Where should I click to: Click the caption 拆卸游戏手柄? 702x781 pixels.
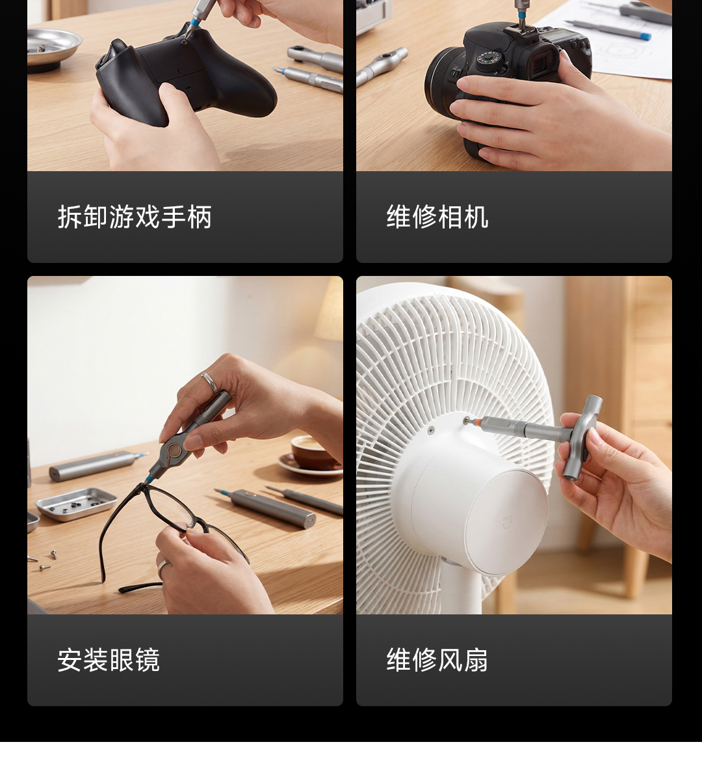(135, 217)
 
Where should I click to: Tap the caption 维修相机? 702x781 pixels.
(437, 217)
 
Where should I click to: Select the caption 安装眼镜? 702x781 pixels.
(109, 660)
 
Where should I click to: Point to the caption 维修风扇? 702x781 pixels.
(437, 660)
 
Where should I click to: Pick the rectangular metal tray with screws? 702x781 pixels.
(76, 504)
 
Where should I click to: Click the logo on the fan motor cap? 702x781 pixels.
(506, 524)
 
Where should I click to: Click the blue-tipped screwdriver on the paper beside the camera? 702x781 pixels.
(606, 29)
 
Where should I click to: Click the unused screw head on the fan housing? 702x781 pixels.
(430, 430)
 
